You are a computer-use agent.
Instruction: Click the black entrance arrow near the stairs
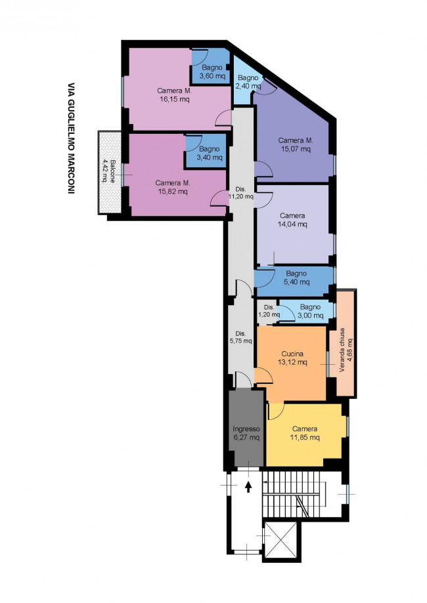(248, 488)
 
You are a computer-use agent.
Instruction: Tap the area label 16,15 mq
(175, 99)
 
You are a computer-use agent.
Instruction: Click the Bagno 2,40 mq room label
(248, 82)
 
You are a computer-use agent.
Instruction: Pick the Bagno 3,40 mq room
(206, 151)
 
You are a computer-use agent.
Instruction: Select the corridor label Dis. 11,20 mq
(241, 193)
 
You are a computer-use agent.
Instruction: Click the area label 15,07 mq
(296, 149)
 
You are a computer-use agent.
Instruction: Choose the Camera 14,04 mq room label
(292, 220)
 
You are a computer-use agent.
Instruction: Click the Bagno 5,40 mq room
(294, 278)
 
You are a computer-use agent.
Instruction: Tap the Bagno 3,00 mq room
(307, 312)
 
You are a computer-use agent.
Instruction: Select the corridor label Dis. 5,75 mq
(240, 337)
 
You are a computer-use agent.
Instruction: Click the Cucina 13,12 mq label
(292, 358)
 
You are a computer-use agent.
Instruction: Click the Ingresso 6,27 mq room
(246, 428)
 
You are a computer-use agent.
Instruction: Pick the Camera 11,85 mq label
(305, 433)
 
